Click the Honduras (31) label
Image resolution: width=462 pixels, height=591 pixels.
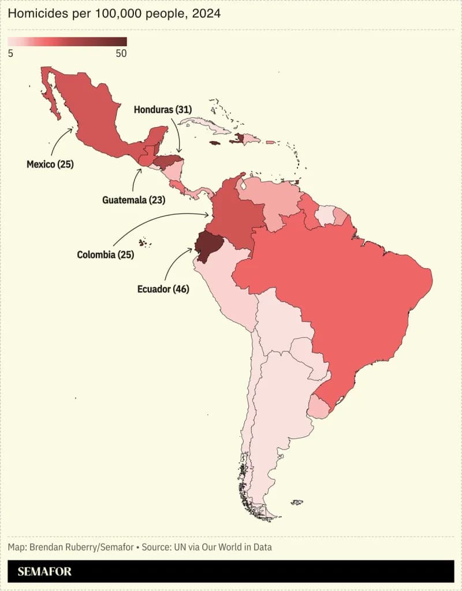(163, 109)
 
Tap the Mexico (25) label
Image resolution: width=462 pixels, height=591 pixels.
(50, 165)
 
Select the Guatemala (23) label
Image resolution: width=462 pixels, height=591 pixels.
(133, 200)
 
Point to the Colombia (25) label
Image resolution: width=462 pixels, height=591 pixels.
(105, 254)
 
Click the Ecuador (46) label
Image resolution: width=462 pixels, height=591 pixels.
(163, 288)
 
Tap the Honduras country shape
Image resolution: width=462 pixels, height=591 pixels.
(169, 160)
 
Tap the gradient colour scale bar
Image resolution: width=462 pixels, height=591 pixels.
(67, 42)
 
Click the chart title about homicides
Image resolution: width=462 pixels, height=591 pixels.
(114, 14)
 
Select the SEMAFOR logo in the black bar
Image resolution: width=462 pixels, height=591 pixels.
(44, 571)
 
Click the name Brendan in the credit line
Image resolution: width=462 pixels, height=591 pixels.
(53, 547)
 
